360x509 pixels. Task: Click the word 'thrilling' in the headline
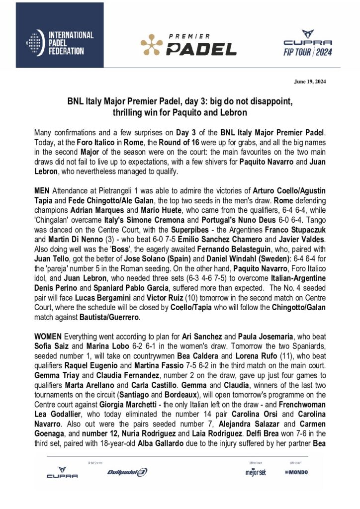point(129,113)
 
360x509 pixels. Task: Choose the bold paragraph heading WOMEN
point(49,335)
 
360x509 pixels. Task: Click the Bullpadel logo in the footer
point(127,472)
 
